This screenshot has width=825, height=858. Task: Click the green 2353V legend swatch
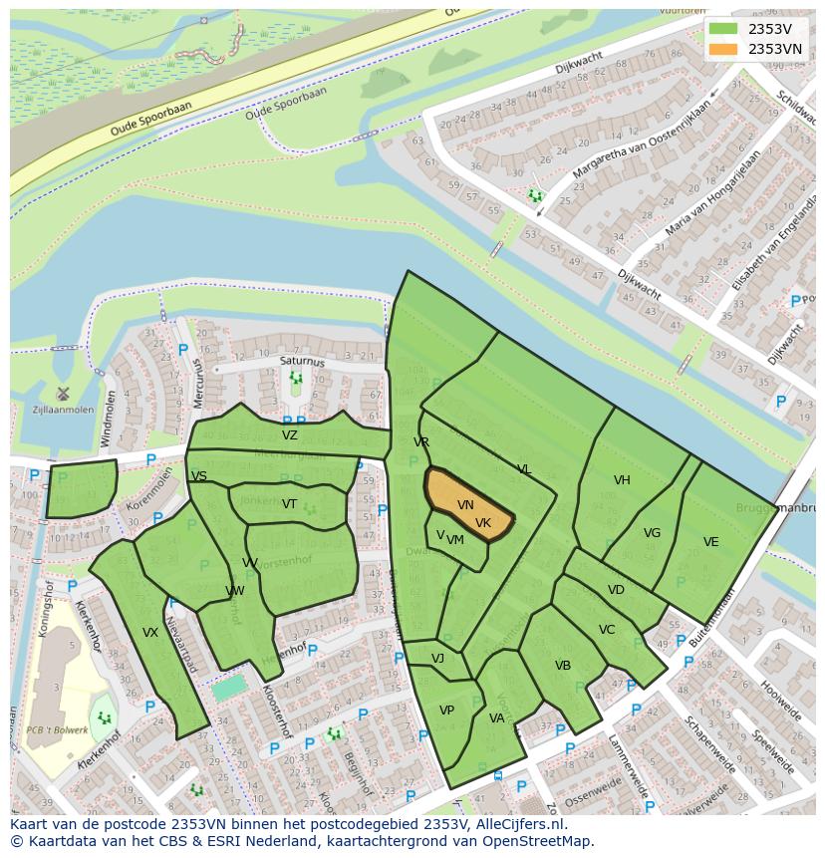(x=723, y=29)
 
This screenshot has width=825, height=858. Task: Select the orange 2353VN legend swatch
(x=723, y=49)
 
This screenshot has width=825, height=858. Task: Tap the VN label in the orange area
(x=465, y=505)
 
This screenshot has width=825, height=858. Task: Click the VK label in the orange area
(x=483, y=523)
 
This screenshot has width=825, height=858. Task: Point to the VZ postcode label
(x=290, y=435)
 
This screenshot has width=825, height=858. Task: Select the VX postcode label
(x=150, y=633)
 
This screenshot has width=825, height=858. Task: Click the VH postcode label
(x=622, y=480)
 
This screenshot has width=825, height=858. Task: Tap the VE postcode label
(x=710, y=542)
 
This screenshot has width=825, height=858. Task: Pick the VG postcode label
(x=652, y=533)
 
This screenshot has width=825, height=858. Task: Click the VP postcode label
(x=446, y=711)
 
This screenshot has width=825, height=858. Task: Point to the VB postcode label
(x=563, y=666)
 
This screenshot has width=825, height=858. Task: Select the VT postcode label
(x=289, y=504)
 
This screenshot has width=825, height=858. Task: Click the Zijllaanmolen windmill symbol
(x=62, y=394)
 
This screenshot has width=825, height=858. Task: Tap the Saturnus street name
(x=302, y=363)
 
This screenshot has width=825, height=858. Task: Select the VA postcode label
(x=496, y=718)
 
